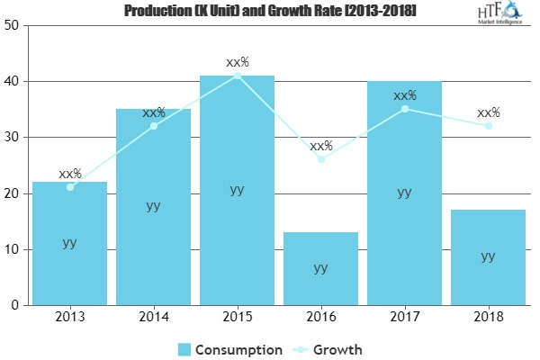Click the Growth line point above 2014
tap(154, 126)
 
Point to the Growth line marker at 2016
tap(321, 159)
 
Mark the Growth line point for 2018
tap(489, 126)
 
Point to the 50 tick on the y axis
tap(13, 25)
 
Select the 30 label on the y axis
tap(13, 138)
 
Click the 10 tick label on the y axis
tap(13, 249)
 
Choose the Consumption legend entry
tap(230, 348)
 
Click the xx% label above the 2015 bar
tap(237, 63)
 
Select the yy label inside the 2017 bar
tap(404, 192)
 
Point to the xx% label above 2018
tap(489, 113)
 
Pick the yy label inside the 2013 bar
tap(69, 243)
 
